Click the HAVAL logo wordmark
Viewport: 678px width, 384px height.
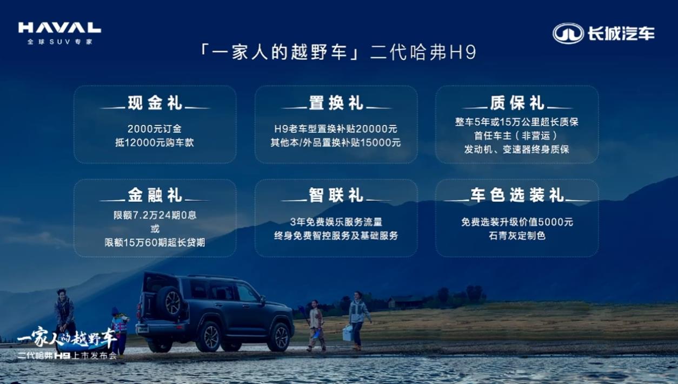pyautogui.click(x=59, y=28)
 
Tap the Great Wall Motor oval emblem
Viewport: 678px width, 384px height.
pyautogui.click(x=568, y=34)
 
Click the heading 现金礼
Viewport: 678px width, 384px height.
pyautogui.click(x=155, y=103)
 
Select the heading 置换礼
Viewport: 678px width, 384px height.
pyautogui.click(x=336, y=103)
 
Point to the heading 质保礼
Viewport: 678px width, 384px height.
pyautogui.click(x=517, y=103)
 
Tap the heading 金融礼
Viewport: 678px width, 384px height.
pyautogui.click(x=155, y=195)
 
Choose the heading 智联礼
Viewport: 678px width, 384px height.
pyautogui.click(x=336, y=195)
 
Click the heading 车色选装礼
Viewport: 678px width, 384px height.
pyautogui.click(x=517, y=195)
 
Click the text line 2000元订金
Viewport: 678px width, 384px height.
pyautogui.click(x=155, y=129)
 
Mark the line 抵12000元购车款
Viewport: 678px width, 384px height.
pyautogui.click(x=155, y=142)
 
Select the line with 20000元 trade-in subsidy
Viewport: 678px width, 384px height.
pyautogui.click(x=336, y=129)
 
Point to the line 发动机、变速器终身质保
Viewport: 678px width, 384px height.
pyautogui.click(x=517, y=149)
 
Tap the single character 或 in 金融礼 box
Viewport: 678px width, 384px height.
pyautogui.click(x=155, y=229)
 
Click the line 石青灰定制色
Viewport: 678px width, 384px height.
pyautogui.click(x=517, y=236)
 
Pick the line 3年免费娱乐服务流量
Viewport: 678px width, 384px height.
pyautogui.click(x=336, y=222)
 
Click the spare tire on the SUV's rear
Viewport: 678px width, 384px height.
pyautogui.click(x=170, y=302)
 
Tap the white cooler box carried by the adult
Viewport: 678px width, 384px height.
pyautogui.click(x=348, y=333)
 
